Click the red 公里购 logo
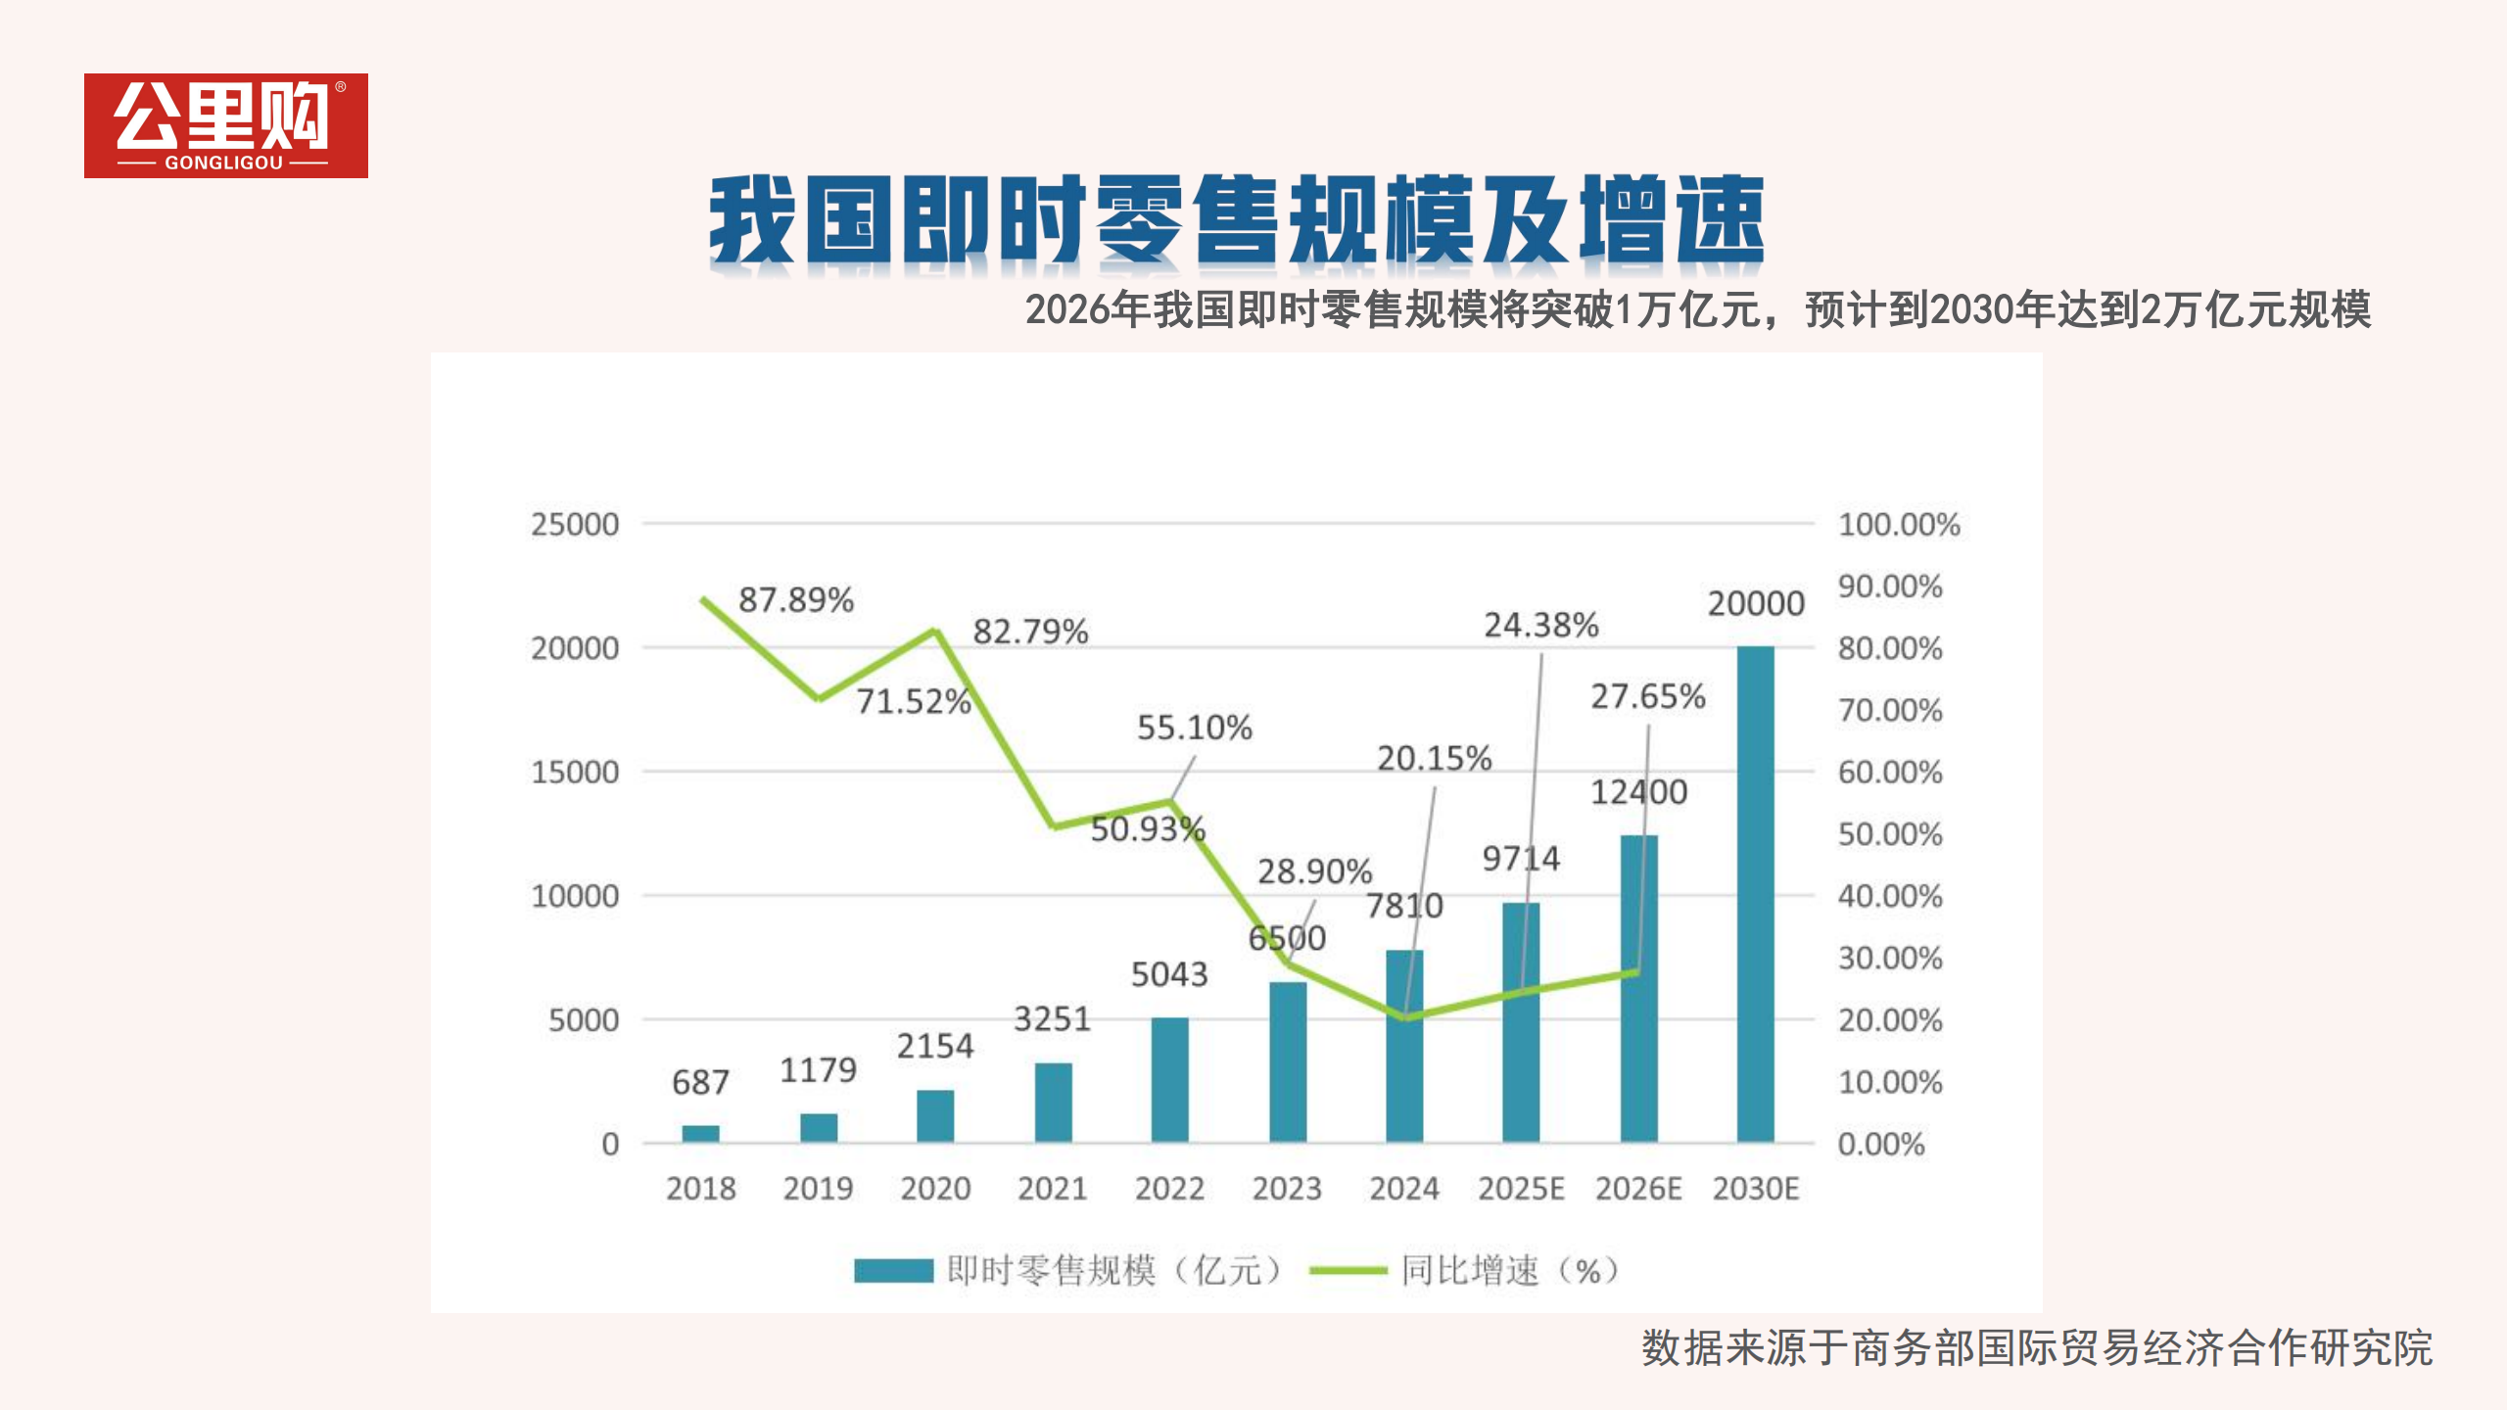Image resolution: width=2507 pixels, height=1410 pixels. coord(225,125)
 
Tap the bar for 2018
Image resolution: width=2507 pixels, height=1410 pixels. coord(700,1133)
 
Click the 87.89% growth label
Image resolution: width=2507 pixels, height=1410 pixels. coord(795,599)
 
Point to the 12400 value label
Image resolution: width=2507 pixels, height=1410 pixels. coord(1638,791)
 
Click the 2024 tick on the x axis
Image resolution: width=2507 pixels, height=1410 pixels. coord(1403,1189)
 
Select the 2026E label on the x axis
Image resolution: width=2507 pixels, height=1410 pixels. coord(1637,1189)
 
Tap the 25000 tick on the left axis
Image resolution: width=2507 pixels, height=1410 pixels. coord(575,524)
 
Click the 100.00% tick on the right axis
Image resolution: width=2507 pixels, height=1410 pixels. coord(1898,524)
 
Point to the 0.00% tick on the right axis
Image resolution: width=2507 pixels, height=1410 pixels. coord(1880,1144)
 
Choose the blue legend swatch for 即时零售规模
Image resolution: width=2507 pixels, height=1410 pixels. coord(893,1270)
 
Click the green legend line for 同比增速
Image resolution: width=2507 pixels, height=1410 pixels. coord(1348,1270)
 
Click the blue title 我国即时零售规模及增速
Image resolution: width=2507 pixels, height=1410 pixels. coord(1236,219)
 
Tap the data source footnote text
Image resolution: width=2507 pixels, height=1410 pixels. coord(2037,1347)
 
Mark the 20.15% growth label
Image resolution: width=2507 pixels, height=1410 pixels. coord(1434,758)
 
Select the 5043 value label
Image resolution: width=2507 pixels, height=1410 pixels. coord(1169,974)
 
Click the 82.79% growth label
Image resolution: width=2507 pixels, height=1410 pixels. coord(1030,632)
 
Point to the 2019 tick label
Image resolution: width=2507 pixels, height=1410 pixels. coord(818,1189)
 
